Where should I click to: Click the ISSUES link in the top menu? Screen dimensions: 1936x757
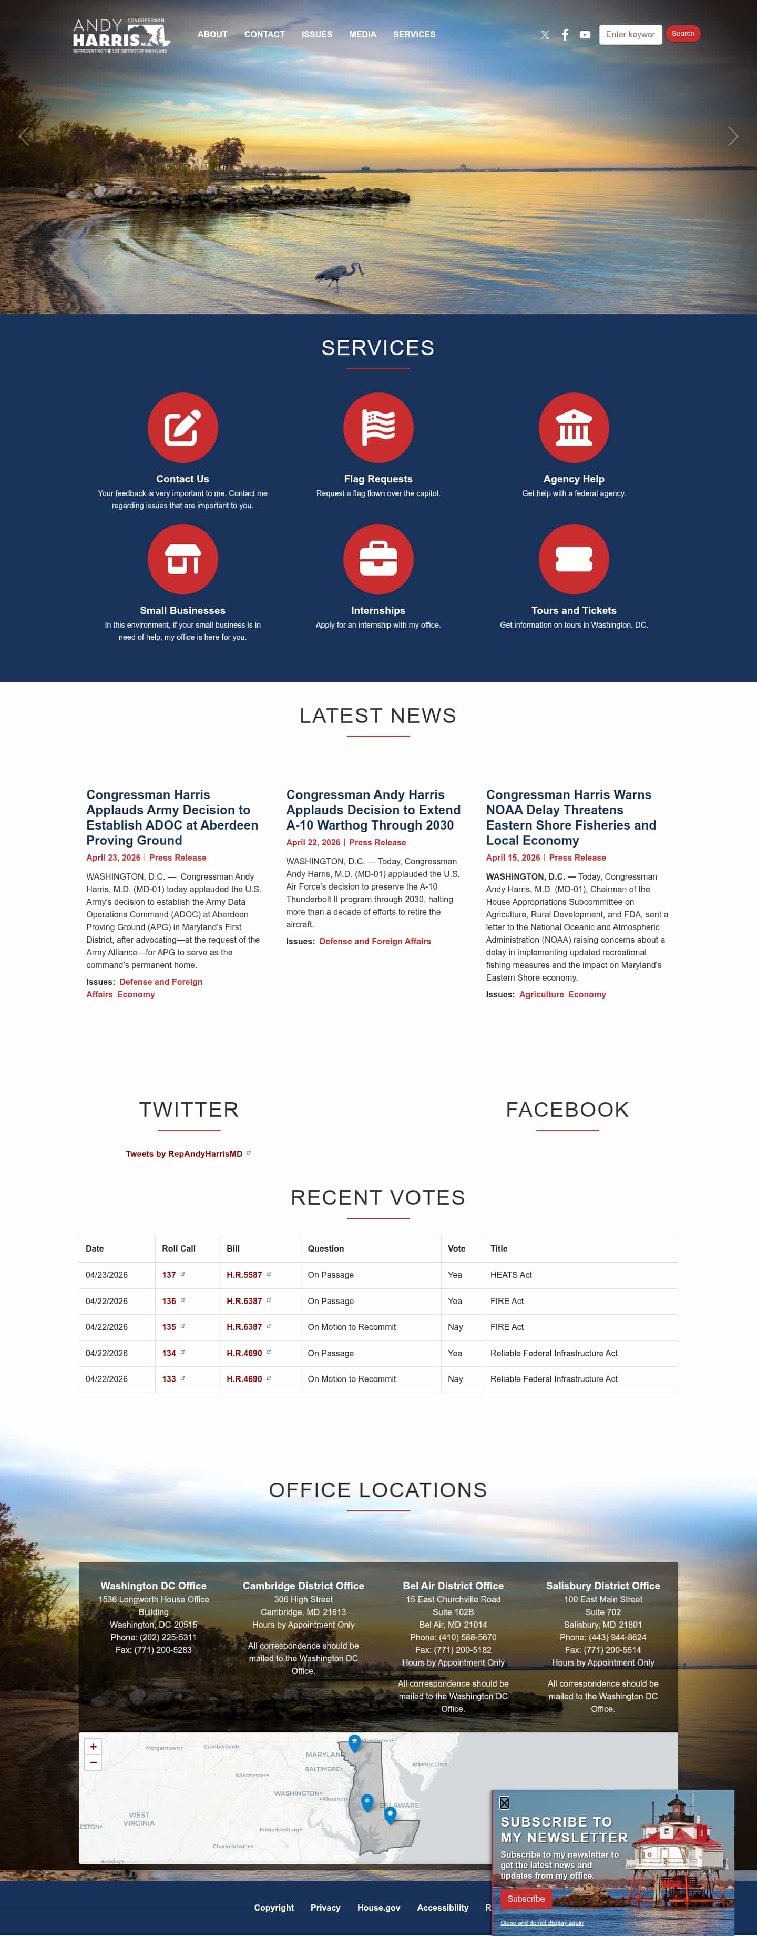pos(316,35)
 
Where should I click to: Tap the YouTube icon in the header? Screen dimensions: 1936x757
pos(584,35)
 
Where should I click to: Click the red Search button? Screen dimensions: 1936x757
pos(682,34)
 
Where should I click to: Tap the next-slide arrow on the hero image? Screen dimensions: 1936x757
pos(732,136)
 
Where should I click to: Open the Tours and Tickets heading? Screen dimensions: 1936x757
pos(573,610)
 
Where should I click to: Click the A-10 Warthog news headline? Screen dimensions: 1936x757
pos(373,810)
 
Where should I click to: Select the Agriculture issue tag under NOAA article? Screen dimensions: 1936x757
pos(541,994)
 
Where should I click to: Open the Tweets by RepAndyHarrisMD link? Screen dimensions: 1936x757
pos(184,1154)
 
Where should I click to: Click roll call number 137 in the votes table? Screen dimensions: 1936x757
pos(169,1275)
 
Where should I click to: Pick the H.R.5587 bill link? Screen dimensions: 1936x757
pos(244,1275)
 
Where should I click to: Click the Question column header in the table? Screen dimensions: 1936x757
pos(325,1248)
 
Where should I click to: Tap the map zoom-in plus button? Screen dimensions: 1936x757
pos(93,1747)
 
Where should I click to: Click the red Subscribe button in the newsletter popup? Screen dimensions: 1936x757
pos(526,1899)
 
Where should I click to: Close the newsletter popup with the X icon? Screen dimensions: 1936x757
pos(504,1802)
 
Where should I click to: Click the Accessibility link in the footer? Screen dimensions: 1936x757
pos(442,1908)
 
